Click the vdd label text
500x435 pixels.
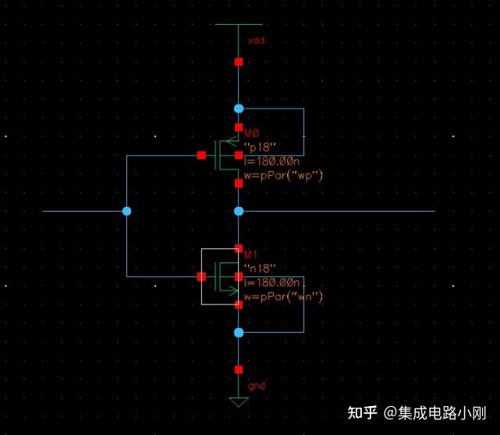click(257, 40)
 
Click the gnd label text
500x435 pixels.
click(256, 386)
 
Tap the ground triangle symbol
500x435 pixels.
click(239, 402)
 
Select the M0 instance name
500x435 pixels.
click(251, 134)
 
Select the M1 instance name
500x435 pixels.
click(250, 255)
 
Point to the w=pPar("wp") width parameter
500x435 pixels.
click(283, 176)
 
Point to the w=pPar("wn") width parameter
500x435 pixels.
click(283, 297)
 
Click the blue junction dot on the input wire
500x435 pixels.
click(127, 211)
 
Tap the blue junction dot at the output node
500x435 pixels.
click(239, 211)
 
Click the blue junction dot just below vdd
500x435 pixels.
click(239, 109)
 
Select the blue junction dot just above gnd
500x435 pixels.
click(239, 333)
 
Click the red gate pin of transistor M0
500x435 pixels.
click(201, 155)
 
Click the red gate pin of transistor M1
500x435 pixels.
click(201, 276)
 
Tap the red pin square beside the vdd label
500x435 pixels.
click(239, 61)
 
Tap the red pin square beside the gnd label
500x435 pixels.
click(239, 369)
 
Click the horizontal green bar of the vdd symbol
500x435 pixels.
click(239, 24)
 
